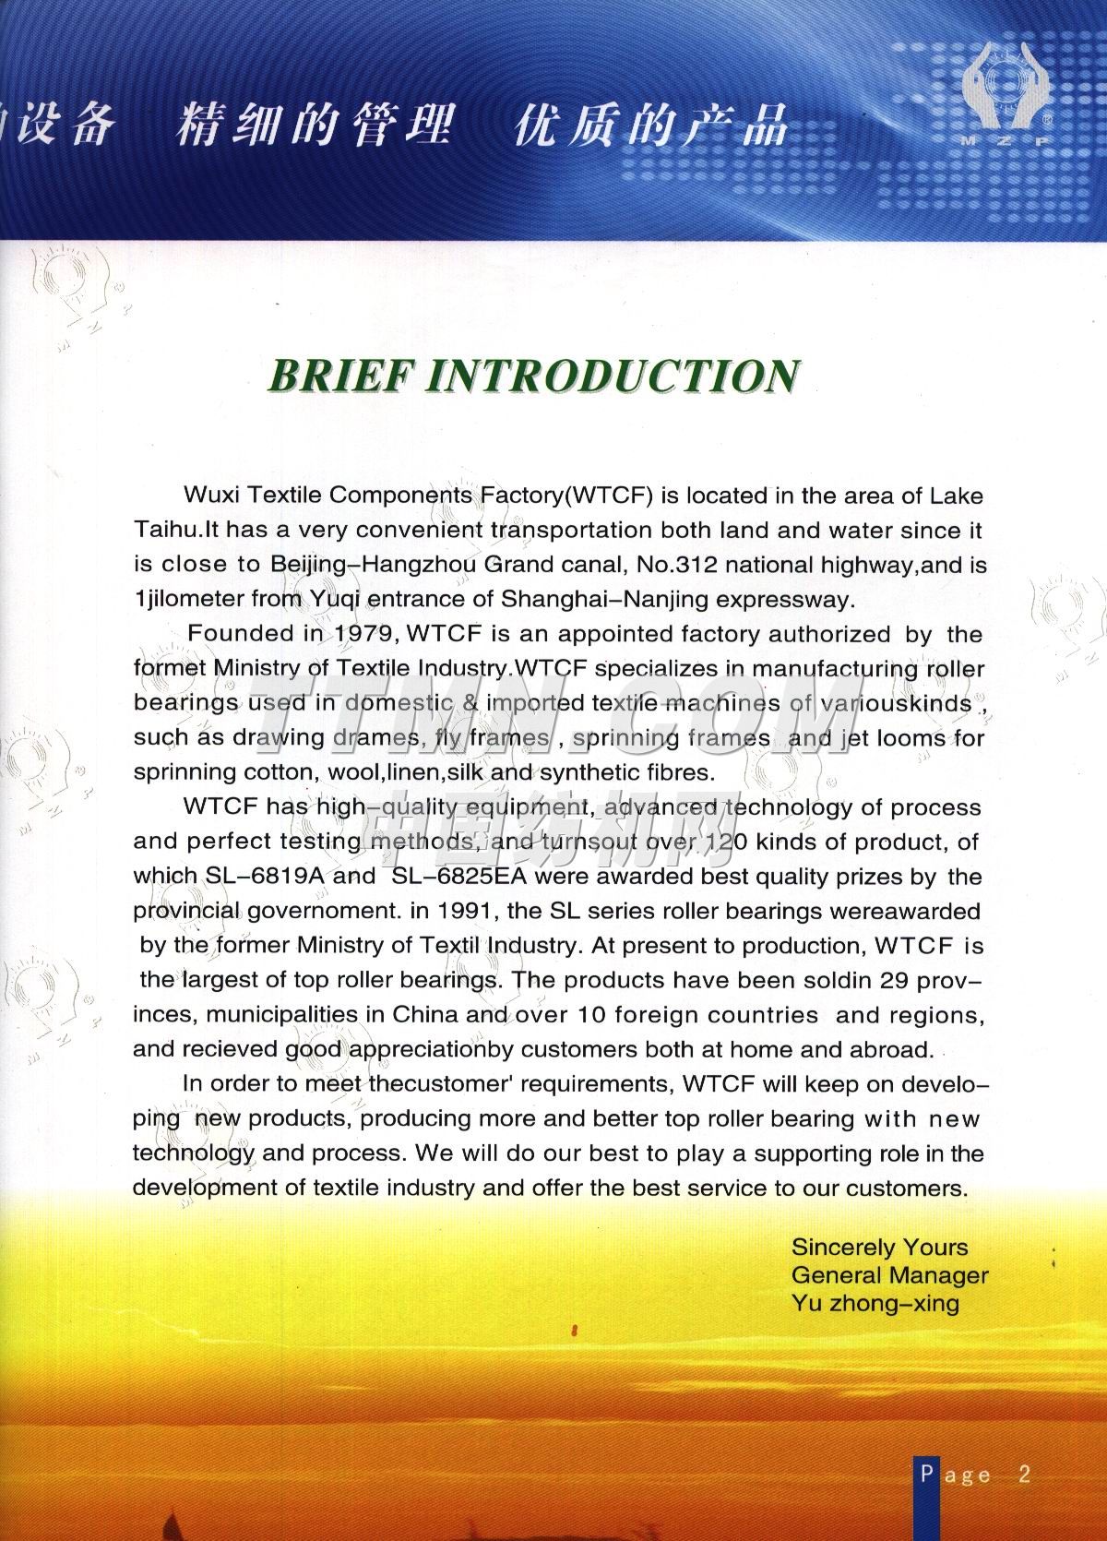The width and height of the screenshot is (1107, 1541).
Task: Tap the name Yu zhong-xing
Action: tap(875, 1304)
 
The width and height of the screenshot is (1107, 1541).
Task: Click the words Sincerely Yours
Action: tap(879, 1248)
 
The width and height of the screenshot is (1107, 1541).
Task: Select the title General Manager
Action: tap(889, 1276)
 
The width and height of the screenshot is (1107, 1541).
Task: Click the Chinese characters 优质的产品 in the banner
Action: tap(649, 126)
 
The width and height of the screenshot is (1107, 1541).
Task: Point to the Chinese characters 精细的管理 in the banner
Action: tap(314, 126)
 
